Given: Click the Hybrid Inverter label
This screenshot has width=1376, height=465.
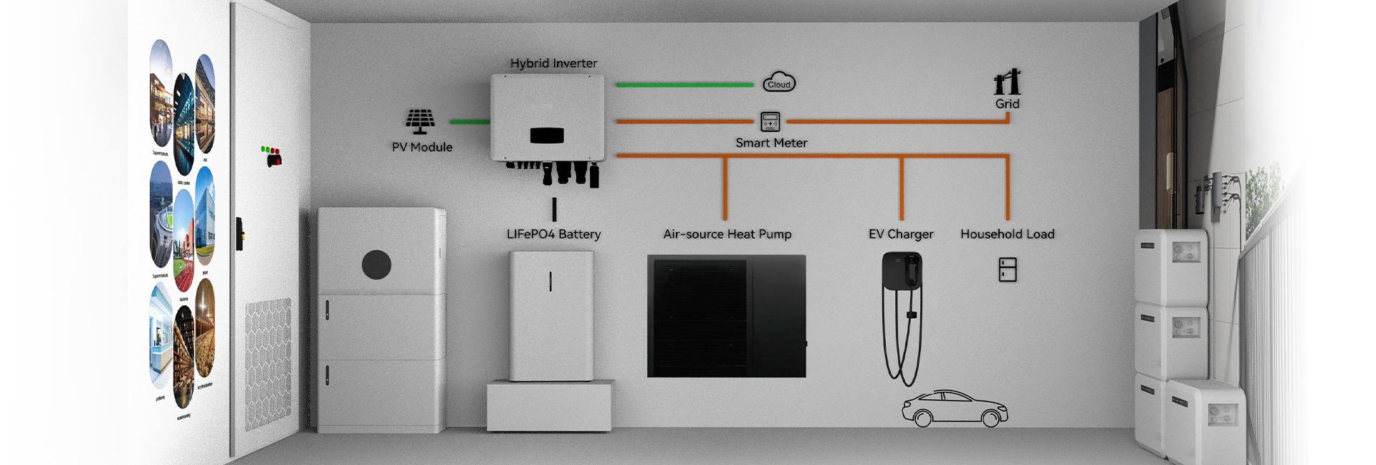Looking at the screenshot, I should click(553, 63).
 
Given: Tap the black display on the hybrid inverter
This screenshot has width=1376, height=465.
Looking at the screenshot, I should click(547, 135).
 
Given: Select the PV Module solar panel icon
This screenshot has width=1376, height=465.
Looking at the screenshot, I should click(420, 121).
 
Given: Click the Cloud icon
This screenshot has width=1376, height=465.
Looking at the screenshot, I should click(779, 83).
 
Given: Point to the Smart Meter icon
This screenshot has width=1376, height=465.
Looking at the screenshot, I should click(770, 122).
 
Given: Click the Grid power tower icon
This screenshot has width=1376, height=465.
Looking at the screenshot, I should click(1007, 83).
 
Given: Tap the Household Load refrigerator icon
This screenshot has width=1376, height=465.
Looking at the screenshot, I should click(1008, 269).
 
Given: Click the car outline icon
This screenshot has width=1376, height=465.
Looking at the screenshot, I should click(955, 409).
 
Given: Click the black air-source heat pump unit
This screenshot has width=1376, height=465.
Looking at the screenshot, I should click(726, 316).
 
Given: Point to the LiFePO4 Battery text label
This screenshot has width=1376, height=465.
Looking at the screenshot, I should click(553, 234).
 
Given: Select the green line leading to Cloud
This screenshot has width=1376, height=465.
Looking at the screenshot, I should click(684, 85).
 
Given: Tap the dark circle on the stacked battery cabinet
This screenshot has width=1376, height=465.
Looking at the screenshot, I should click(376, 265).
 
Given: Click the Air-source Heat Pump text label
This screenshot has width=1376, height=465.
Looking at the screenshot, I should click(727, 234).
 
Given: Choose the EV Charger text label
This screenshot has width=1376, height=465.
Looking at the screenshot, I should click(901, 234).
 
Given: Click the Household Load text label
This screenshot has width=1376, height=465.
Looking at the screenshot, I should click(1007, 234).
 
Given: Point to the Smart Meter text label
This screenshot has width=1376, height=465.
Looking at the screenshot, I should click(771, 143).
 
